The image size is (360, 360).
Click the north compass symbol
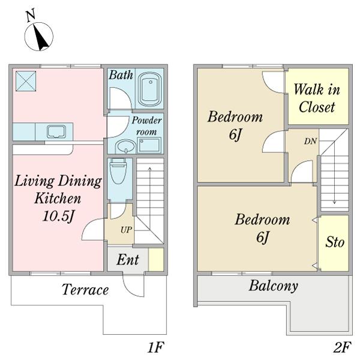38,32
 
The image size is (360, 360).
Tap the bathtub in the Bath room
151,89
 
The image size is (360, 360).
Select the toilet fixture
118,171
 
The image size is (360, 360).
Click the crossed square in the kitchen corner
26,81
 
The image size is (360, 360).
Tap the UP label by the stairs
126,230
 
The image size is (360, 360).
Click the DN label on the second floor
310,141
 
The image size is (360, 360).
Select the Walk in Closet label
317,98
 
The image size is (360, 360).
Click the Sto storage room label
335,242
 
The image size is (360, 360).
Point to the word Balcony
274,286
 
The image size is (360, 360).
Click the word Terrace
85,290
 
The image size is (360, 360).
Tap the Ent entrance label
128,260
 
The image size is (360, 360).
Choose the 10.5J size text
58,216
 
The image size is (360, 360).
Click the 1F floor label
155,347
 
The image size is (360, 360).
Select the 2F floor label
342,347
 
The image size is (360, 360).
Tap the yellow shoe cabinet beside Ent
156,260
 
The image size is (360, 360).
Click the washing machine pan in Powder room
149,145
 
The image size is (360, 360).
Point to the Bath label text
121,75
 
